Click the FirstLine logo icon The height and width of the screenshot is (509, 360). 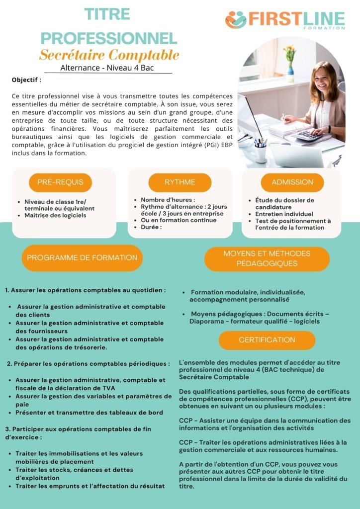click(x=236, y=20)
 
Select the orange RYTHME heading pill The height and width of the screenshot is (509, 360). click(x=180, y=182)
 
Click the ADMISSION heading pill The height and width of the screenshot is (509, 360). click(x=292, y=182)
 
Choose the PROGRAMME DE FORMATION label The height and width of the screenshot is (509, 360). click(x=82, y=257)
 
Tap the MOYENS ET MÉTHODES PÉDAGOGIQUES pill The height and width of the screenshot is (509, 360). click(x=267, y=258)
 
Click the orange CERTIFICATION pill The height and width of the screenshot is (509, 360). click(x=267, y=340)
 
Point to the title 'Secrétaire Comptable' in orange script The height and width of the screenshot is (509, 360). click(x=109, y=55)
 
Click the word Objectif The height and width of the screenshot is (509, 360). click(x=26, y=80)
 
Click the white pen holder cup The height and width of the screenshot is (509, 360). click(x=260, y=152)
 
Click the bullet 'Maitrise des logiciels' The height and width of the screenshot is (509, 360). click(x=55, y=215)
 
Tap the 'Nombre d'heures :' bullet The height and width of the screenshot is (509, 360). click(x=161, y=200)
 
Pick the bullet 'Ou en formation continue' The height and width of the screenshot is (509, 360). click(x=179, y=220)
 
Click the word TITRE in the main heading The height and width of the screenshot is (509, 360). click(x=107, y=14)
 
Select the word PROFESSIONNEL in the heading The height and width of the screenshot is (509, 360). click(x=108, y=37)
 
